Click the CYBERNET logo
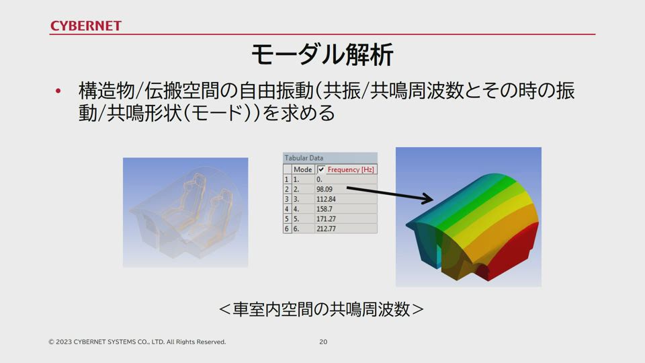click(85, 26)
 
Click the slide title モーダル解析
click(322, 54)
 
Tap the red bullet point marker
click(58, 91)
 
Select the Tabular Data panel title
click(304, 157)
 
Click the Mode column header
click(303, 169)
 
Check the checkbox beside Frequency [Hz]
click(321, 169)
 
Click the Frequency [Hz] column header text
click(351, 169)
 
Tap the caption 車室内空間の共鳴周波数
click(321, 309)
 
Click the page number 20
click(323, 341)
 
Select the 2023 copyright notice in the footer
click(137, 341)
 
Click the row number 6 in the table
click(287, 229)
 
